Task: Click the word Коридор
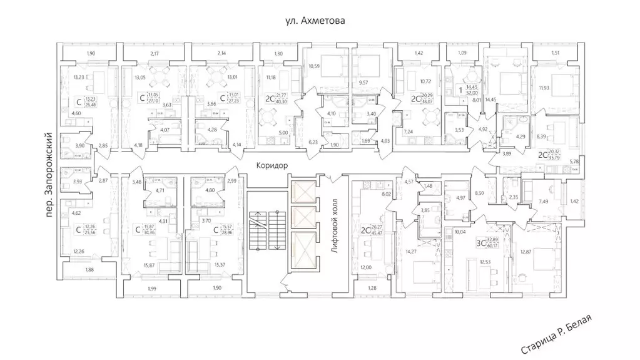pyautogui.click(x=272, y=167)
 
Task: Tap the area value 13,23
pyautogui.click(x=79, y=77)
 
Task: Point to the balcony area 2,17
pyautogui.click(x=155, y=54)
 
